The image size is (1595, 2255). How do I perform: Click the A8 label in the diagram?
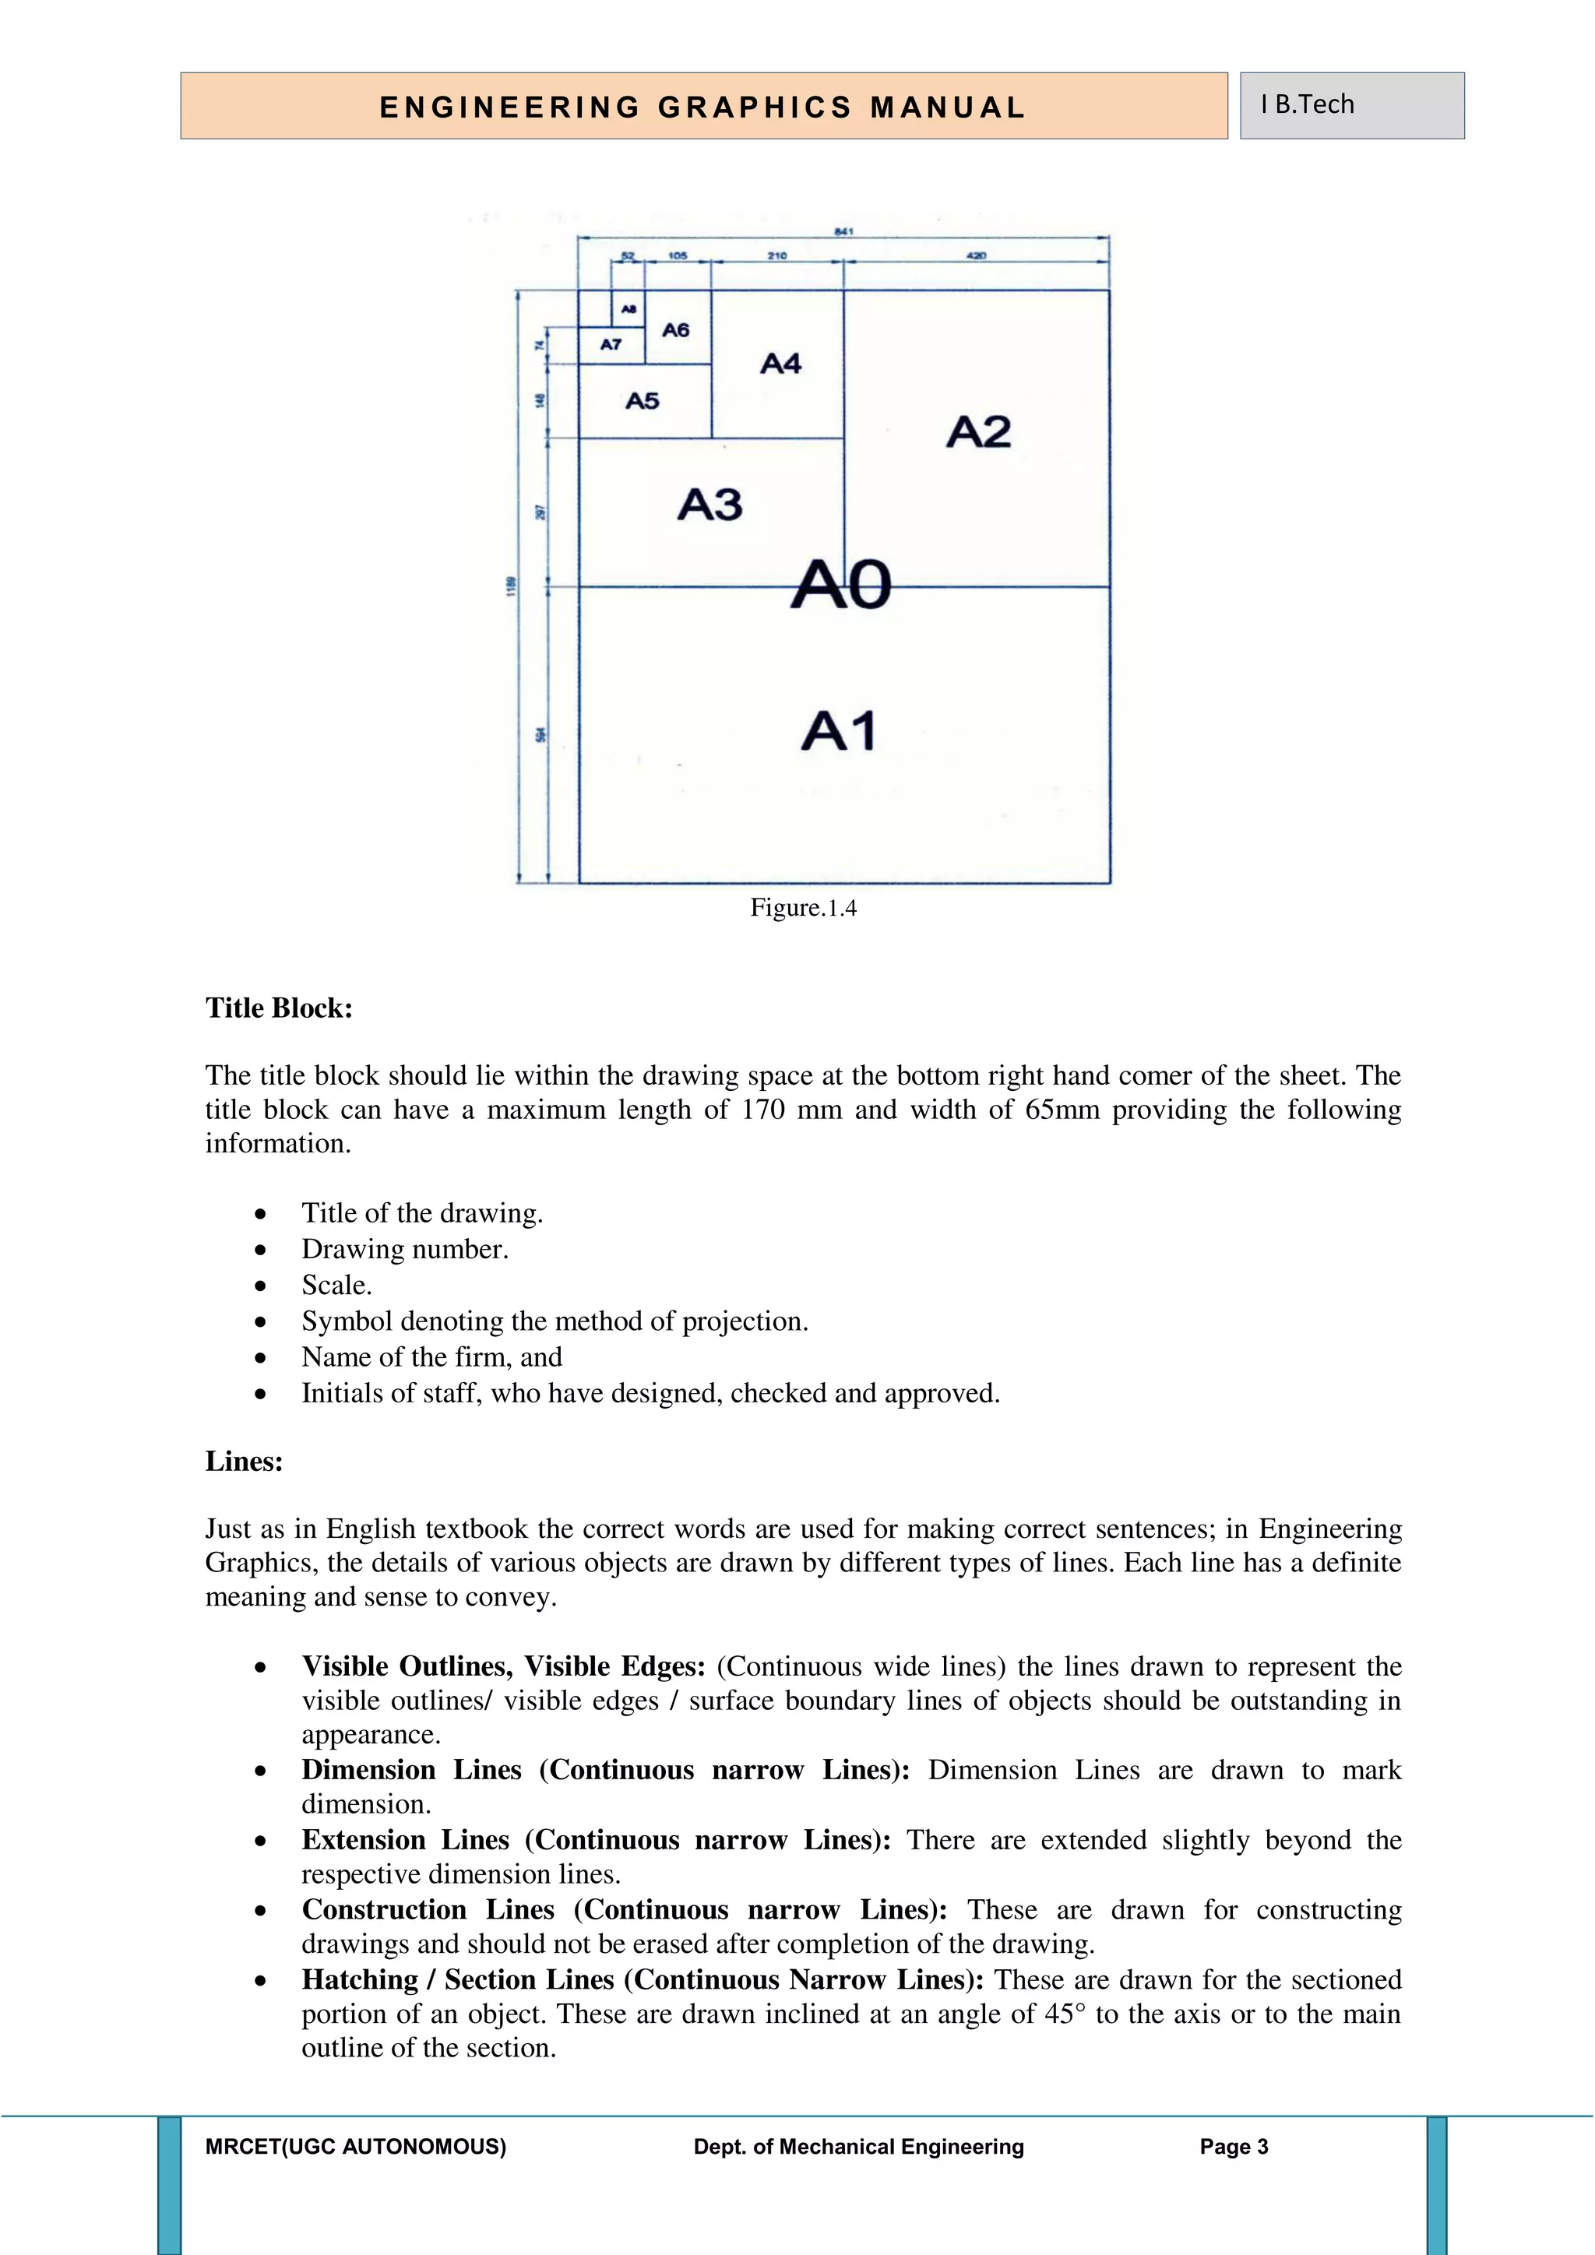629,308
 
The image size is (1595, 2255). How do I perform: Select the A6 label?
676,330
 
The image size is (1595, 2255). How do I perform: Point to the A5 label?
643,401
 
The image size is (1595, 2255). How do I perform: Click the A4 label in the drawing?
781,364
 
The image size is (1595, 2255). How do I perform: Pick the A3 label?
710,505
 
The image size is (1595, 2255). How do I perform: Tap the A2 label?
978,432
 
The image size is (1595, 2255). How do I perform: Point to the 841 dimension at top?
843,232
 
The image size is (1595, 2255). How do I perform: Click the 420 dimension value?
977,255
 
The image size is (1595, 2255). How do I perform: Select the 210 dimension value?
777,255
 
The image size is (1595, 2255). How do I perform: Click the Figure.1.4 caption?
804,907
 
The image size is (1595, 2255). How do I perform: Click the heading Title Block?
279,1008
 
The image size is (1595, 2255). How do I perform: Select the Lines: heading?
245,1462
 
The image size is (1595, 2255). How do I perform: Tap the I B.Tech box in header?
1351,105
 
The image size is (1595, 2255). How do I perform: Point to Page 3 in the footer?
1234,2147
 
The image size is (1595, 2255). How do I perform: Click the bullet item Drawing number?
405,1249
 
